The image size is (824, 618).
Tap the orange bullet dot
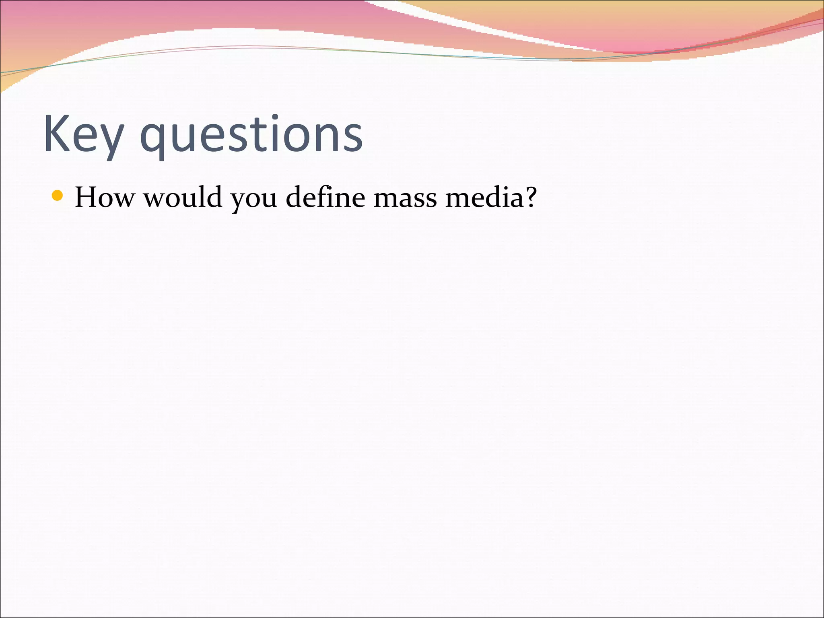click(58, 196)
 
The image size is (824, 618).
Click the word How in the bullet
click(104, 198)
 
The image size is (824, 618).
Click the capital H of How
click(87, 198)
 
